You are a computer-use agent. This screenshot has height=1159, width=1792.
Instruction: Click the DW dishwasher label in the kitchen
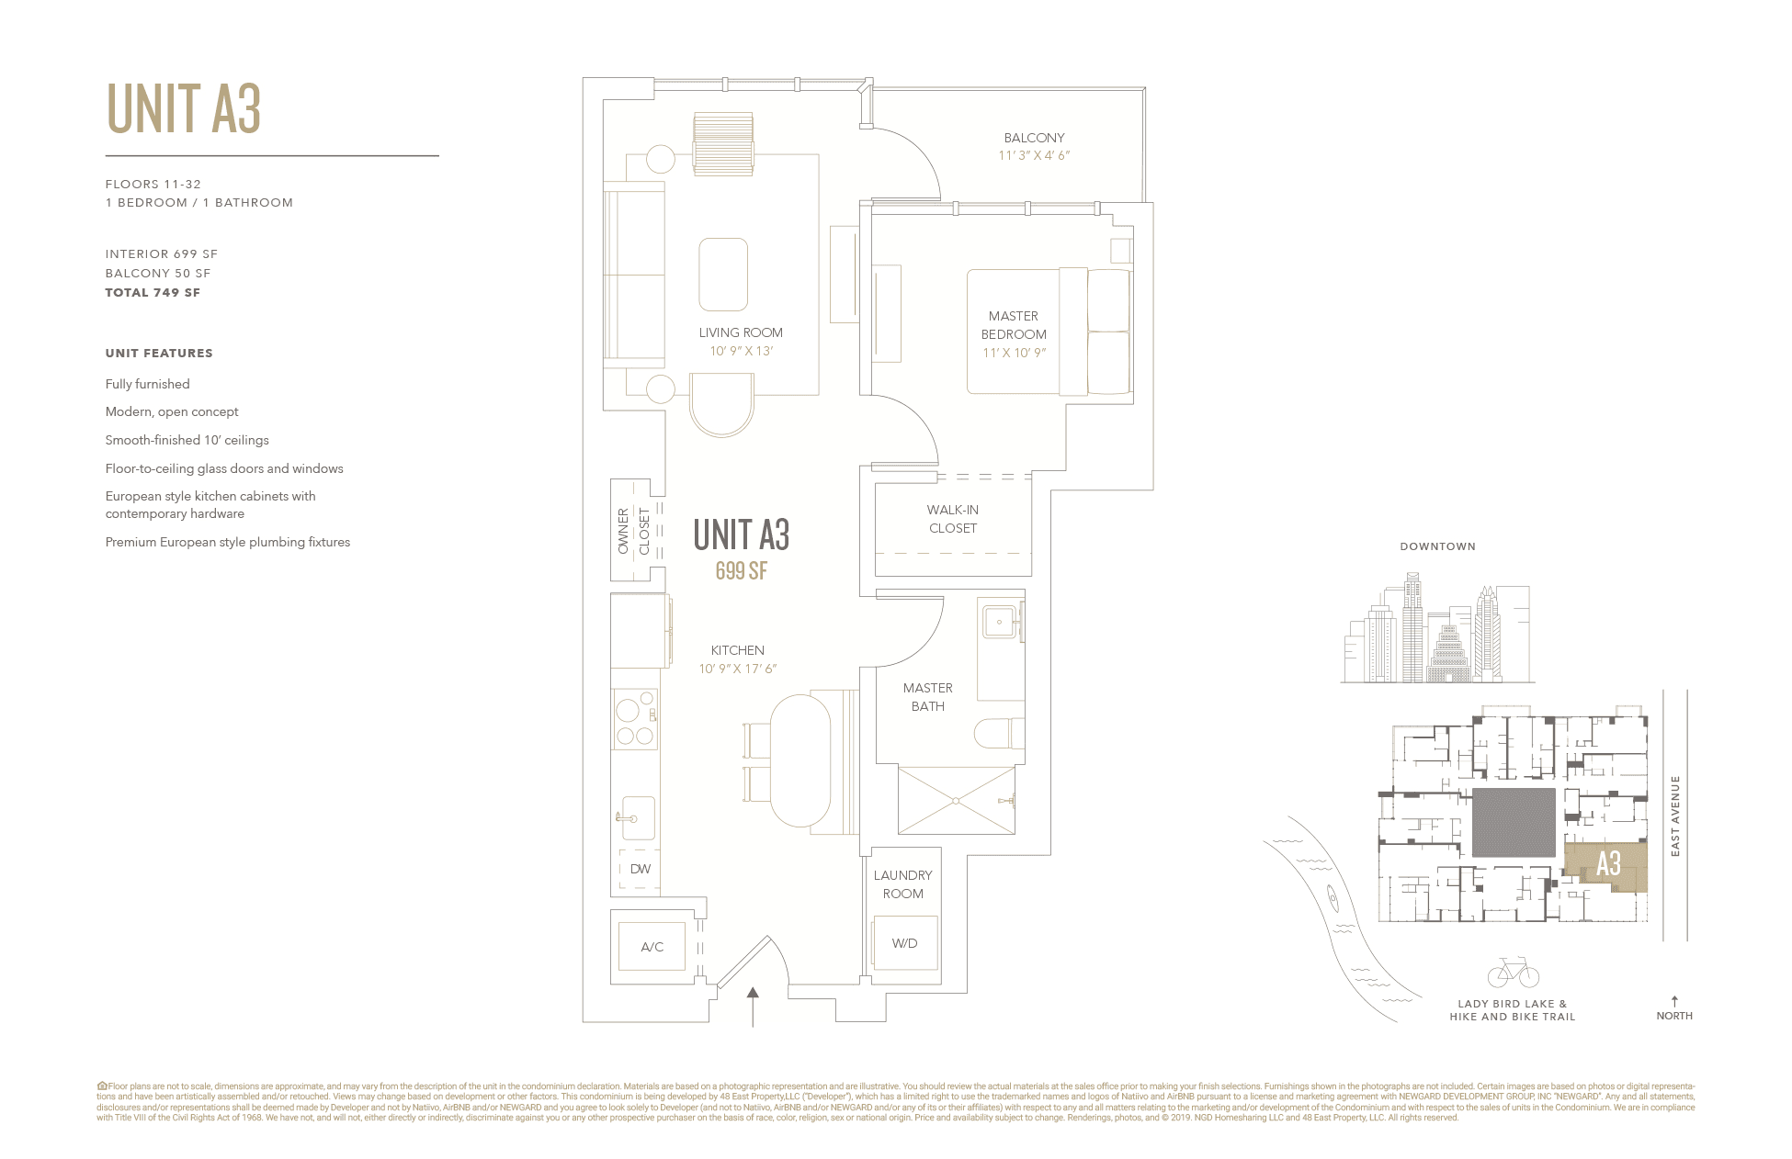[640, 869]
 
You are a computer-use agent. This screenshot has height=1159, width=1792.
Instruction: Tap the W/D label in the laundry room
[904, 943]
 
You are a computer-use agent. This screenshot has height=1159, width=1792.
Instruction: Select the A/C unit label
[652, 947]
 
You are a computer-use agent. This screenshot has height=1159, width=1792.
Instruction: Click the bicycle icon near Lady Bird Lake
[1513, 973]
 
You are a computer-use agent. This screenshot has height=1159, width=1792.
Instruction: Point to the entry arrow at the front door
[753, 1006]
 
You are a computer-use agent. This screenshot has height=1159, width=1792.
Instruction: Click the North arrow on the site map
[1674, 1002]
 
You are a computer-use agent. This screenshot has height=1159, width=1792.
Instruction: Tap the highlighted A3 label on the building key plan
[1608, 864]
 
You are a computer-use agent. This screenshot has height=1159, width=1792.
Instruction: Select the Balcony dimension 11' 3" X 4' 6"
[1034, 155]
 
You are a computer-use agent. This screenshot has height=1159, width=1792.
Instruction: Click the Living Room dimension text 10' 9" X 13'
[741, 351]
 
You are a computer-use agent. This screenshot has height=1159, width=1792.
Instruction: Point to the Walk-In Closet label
[953, 519]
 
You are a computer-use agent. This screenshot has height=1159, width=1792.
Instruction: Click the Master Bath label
[927, 697]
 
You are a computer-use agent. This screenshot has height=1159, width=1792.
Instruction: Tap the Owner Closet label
[633, 531]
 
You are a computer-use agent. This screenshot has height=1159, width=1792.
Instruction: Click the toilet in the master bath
[998, 733]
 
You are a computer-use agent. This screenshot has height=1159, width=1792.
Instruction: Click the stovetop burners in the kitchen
[635, 721]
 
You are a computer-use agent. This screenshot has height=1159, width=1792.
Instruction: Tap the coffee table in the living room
[723, 275]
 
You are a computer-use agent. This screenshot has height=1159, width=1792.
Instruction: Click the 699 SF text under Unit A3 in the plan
[741, 571]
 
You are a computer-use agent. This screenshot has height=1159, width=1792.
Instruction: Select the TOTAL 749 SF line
[153, 293]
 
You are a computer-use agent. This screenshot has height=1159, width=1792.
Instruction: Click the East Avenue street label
[1674, 816]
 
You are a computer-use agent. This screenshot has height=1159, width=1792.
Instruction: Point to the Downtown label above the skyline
[1437, 546]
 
